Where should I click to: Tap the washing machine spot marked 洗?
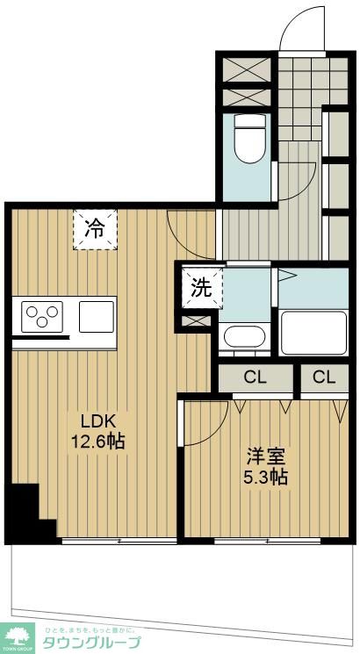click(202, 288)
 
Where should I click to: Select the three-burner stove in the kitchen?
click(41, 315)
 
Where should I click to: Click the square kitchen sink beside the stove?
click(97, 314)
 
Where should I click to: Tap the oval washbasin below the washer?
click(246, 336)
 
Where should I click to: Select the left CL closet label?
click(255, 378)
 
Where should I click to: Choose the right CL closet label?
click(324, 378)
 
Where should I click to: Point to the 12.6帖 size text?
click(97, 441)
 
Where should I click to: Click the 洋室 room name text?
click(266, 456)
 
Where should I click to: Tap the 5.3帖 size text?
click(266, 478)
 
